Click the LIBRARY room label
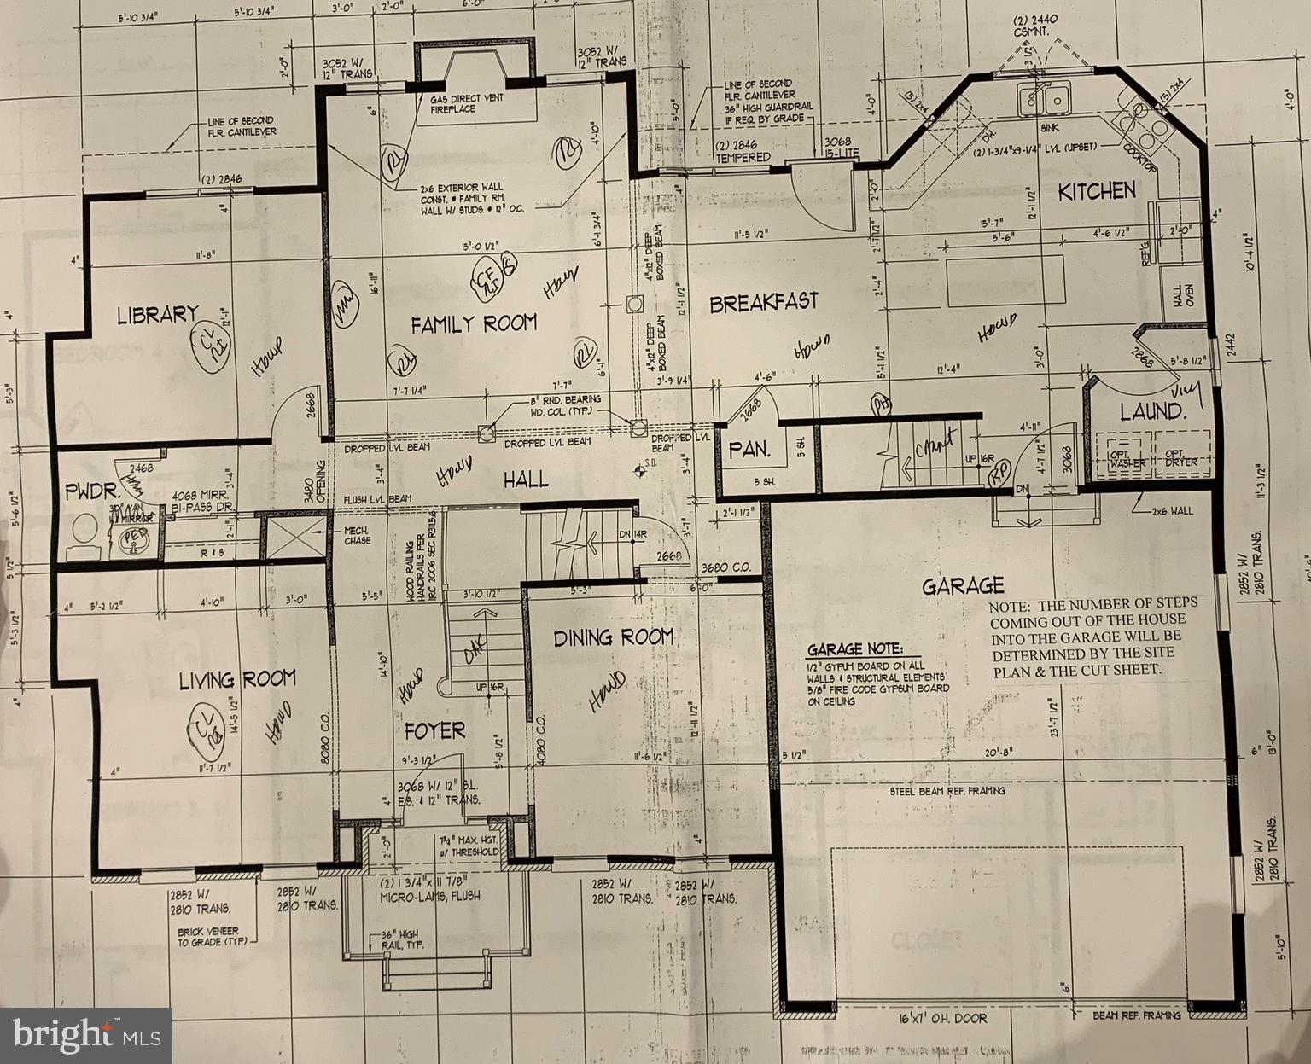pos(158,314)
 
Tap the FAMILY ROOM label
pos(474,323)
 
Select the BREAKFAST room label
pos(763,302)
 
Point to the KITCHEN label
pos(1097,191)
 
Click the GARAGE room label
pos(962,586)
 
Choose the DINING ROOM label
pos(613,637)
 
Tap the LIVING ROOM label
pos(236,680)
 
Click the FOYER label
pos(434,730)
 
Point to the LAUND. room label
pos(1152,412)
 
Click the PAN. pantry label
pos(749,449)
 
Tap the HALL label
pos(526,480)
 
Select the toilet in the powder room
pos(84,531)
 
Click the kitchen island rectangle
pos(1005,280)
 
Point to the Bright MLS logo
pos(85,1035)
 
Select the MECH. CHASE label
pos(357,535)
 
